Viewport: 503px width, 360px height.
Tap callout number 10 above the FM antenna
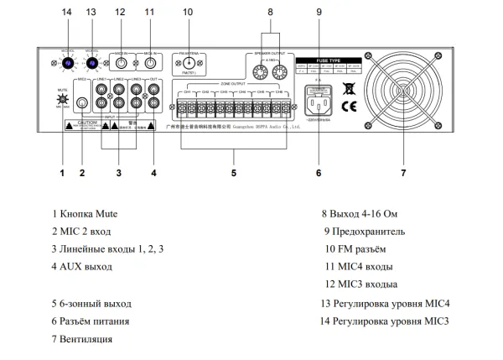pyautogui.click(x=187, y=12)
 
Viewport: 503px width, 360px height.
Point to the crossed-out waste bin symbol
pyautogui.click(x=348, y=86)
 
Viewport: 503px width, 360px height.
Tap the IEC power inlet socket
pyautogui.click(x=319, y=105)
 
